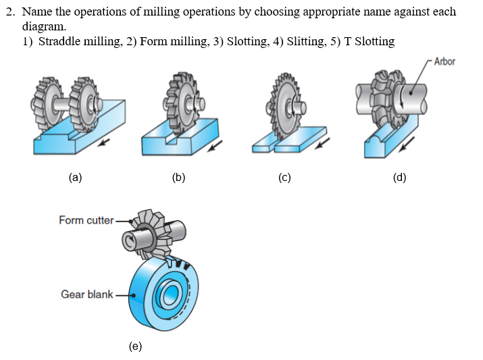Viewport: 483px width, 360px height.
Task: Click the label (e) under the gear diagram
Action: pyautogui.click(x=135, y=346)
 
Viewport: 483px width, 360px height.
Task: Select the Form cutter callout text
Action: pyautogui.click(x=86, y=220)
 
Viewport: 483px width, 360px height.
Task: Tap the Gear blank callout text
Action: pyautogui.click(x=86, y=294)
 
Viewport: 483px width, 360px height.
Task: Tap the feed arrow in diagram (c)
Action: pyautogui.click(x=323, y=143)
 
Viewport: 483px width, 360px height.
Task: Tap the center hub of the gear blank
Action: pyautogui.click(x=168, y=294)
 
